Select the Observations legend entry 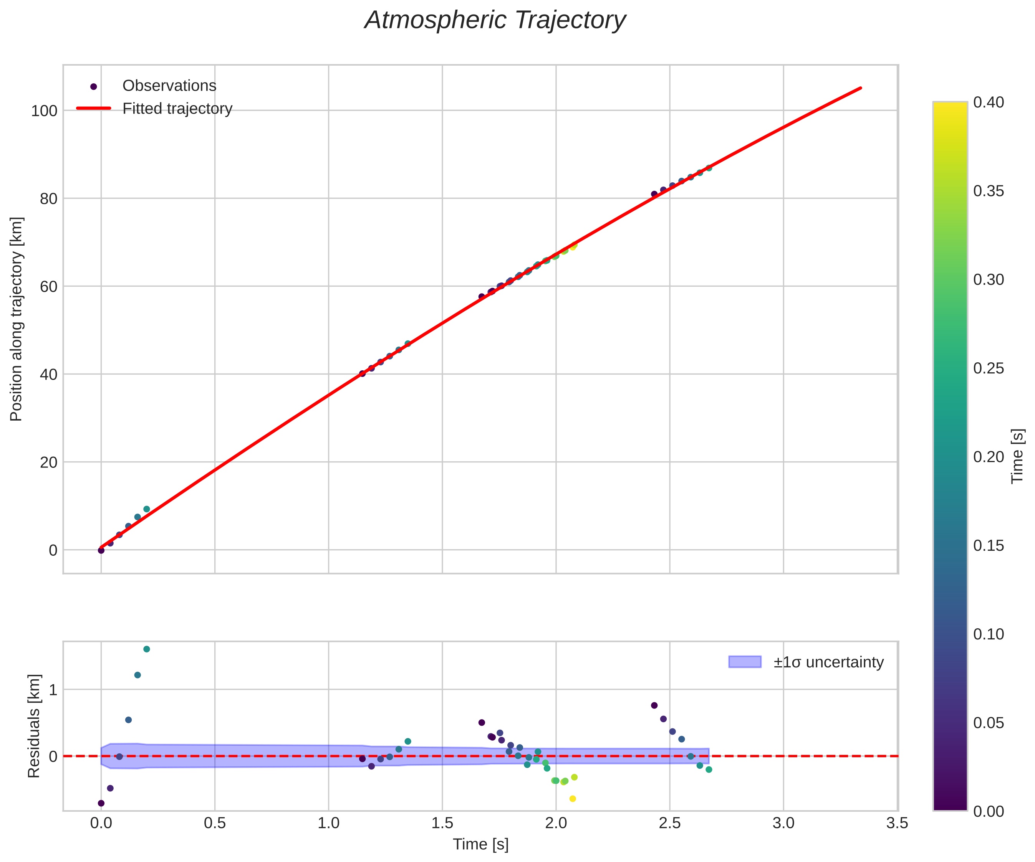tap(169, 86)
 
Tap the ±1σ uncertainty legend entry tap(828, 662)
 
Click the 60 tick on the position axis tap(48, 287)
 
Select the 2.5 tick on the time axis tap(669, 823)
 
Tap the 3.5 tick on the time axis tap(897, 823)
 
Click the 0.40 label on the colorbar tap(988, 102)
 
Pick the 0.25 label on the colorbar tap(988, 368)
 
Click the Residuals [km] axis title tap(33, 727)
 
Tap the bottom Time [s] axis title tap(480, 844)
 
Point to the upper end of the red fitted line tap(861, 88)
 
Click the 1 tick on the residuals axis tap(53, 690)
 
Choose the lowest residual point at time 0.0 tap(101, 803)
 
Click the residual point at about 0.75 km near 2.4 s tap(654, 705)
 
